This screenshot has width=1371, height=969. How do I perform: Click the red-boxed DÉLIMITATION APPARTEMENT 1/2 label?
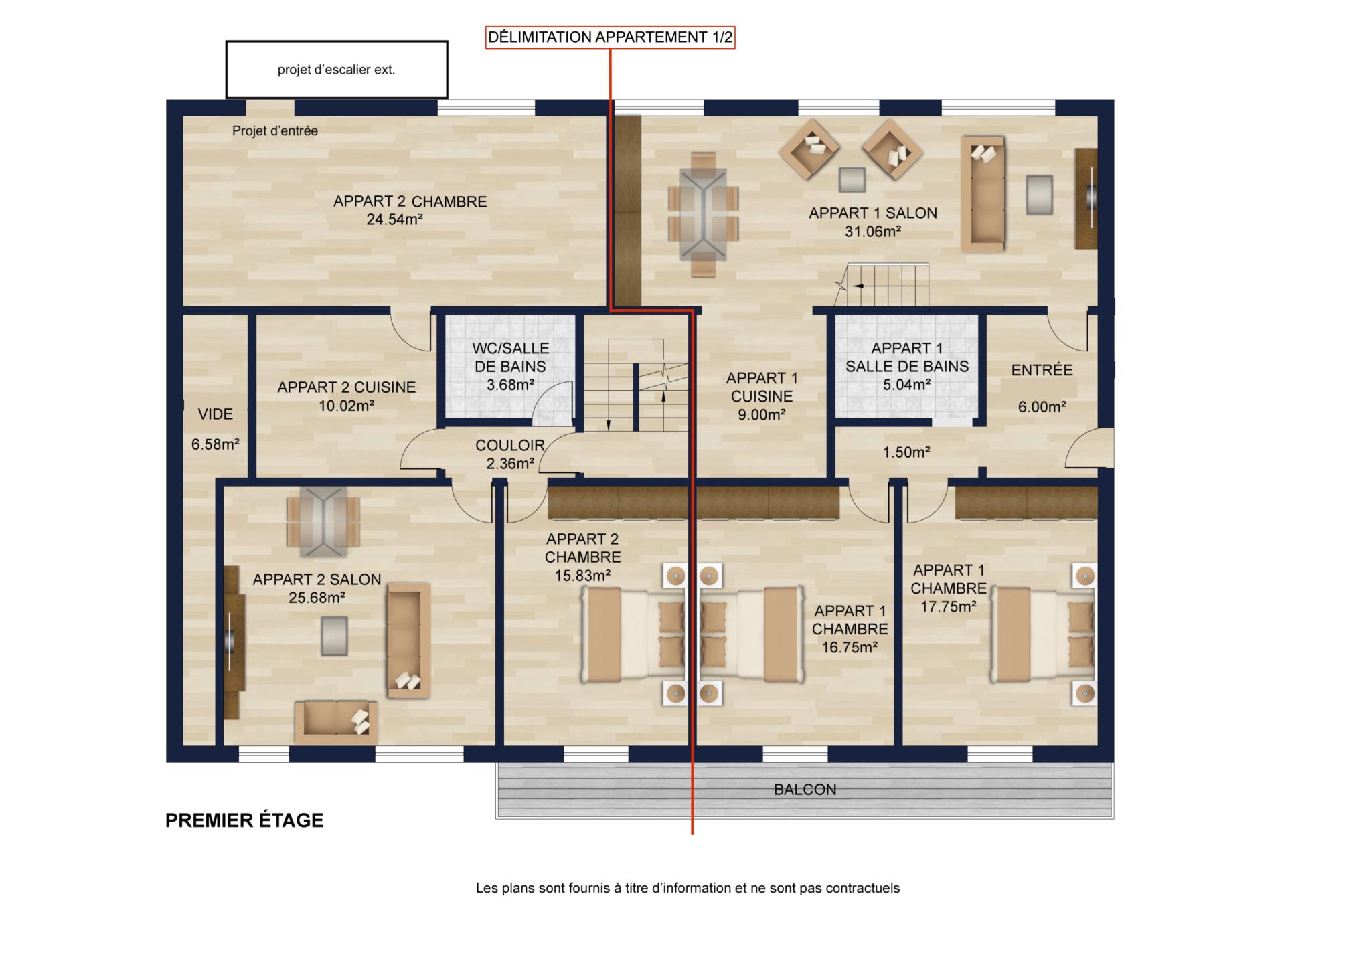pyautogui.click(x=610, y=37)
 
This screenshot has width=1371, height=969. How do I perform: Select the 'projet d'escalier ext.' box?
pyautogui.click(x=336, y=70)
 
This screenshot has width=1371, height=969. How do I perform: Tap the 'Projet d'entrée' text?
pyautogui.click(x=275, y=131)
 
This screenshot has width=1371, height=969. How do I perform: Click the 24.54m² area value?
pyautogui.click(x=395, y=219)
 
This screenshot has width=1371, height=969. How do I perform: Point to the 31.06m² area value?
pyautogui.click(x=873, y=232)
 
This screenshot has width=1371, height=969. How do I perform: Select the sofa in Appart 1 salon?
pyautogui.click(x=983, y=193)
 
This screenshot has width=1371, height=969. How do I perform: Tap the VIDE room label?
pyautogui.click(x=216, y=414)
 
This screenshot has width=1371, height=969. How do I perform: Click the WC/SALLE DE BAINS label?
pyautogui.click(x=511, y=357)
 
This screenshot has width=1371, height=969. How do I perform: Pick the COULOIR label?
pyautogui.click(x=510, y=446)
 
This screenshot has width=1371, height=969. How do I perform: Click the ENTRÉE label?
pyautogui.click(x=1042, y=370)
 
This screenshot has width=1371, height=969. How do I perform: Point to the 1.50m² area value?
pyautogui.click(x=906, y=452)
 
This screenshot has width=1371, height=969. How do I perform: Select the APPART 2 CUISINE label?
pyautogui.click(x=347, y=387)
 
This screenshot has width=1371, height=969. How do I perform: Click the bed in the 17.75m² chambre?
pyautogui.click(x=1042, y=634)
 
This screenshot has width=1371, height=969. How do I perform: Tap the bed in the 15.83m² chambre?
pyautogui.click(x=633, y=634)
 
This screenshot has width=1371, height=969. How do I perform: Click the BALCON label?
pyautogui.click(x=805, y=790)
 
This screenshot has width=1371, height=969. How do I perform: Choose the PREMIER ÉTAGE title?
pyautogui.click(x=244, y=820)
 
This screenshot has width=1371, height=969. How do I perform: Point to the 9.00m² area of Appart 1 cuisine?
pyautogui.click(x=762, y=415)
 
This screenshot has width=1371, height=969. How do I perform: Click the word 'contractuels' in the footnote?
pyautogui.click(x=863, y=889)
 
